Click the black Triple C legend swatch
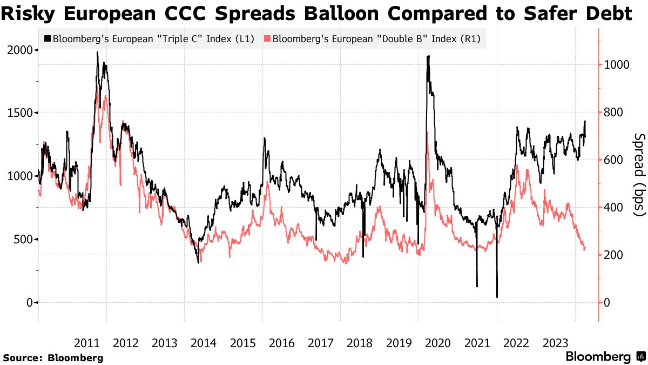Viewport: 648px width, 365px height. pyautogui.click(x=48, y=39)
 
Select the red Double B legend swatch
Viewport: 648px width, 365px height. pyautogui.click(x=267, y=39)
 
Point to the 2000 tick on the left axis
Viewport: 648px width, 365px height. pyautogui.click(x=21, y=50)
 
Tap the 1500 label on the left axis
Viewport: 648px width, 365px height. pyautogui.click(x=21, y=113)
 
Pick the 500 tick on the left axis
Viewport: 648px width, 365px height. pyautogui.click(x=24, y=239)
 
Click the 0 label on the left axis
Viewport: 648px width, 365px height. pyautogui.click(x=28, y=302)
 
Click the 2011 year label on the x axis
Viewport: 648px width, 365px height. pyautogui.click(x=87, y=343)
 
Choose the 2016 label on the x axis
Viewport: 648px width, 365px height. pyautogui.click(x=282, y=343)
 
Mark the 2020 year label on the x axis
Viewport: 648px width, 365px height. pyautogui.click(x=438, y=343)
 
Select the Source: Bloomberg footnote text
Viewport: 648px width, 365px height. pyautogui.click(x=53, y=357)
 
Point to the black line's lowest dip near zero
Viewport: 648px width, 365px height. pyautogui.click(x=497, y=296)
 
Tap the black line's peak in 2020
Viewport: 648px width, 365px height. pyautogui.click(x=428, y=56)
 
